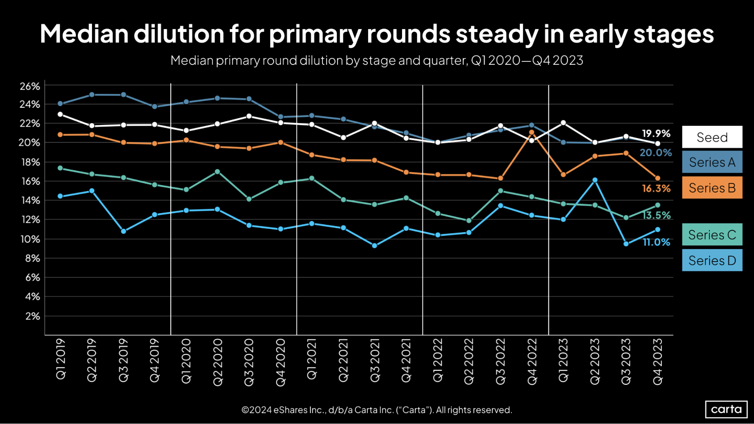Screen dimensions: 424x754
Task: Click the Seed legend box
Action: click(712, 137)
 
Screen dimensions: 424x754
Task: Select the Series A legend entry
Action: click(712, 162)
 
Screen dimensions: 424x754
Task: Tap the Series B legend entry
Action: click(712, 188)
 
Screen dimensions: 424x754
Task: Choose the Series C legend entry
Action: click(712, 234)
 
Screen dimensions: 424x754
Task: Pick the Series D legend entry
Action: click(712, 260)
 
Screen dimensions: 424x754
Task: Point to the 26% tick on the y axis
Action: click(30, 86)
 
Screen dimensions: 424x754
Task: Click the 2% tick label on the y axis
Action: click(32, 316)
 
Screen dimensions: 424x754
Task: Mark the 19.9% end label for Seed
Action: click(656, 133)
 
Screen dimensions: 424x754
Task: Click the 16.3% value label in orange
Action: click(656, 188)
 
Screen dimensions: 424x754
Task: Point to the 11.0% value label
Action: click(656, 242)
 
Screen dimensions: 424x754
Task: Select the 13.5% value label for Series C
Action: click(657, 215)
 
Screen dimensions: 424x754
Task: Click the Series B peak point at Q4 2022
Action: click(531, 132)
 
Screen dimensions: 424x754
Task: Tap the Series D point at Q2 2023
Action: click(595, 180)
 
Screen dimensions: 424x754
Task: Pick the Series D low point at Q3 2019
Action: click(123, 231)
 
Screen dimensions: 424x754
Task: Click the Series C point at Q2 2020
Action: click(217, 172)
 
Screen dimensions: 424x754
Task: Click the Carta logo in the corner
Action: click(726, 409)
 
